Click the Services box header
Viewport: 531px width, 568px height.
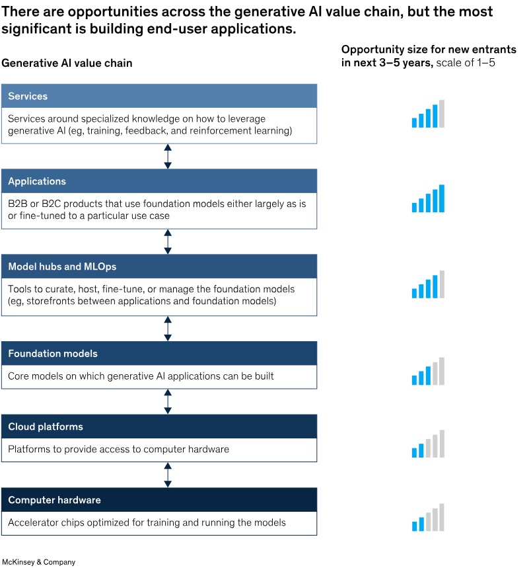pos(159,96)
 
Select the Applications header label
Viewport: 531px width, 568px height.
pos(37,181)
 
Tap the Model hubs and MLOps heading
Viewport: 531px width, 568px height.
pos(62,266)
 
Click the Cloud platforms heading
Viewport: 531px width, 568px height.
pos(46,426)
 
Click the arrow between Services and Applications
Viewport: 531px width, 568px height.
pos(168,157)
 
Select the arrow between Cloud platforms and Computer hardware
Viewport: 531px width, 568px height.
pos(168,475)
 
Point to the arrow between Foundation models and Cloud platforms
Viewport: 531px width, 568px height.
pos(168,402)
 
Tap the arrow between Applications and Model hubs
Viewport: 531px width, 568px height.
pos(168,241)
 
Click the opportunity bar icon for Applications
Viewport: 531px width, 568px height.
pos(428,198)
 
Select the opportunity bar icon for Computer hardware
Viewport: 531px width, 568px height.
pos(428,517)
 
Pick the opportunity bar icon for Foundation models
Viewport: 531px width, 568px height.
pos(428,372)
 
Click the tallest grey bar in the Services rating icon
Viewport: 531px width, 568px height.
pos(442,114)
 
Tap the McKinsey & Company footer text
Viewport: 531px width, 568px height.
pos(39,562)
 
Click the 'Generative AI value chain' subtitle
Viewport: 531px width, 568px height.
pos(67,63)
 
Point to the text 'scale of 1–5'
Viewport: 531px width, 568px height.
pos(466,63)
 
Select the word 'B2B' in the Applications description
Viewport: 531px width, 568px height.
pos(18,204)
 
